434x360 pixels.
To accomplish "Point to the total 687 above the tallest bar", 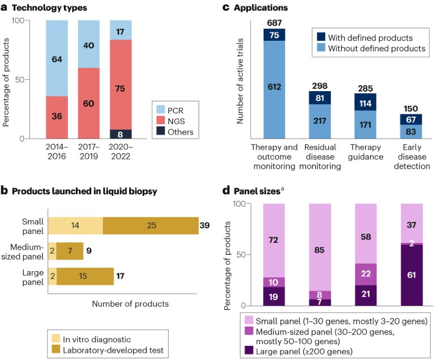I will (x=274, y=22).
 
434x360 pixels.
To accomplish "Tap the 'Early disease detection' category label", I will (x=407, y=157).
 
